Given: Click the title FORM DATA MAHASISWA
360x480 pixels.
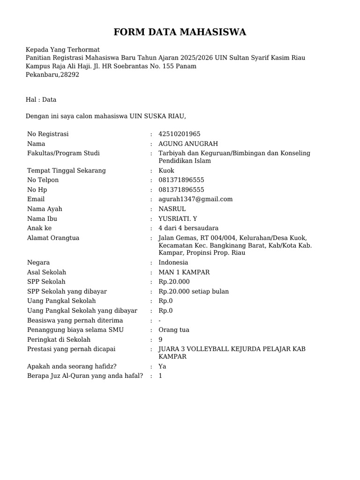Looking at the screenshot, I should (180, 32).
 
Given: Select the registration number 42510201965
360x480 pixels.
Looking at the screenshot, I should (180, 134).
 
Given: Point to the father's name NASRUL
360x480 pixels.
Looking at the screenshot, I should (172, 209).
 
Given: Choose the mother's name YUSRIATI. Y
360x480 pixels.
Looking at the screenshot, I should (178, 219).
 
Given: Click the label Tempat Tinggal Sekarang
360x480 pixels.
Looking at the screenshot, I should (67, 171).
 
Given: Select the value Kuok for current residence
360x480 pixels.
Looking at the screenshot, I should (166, 171).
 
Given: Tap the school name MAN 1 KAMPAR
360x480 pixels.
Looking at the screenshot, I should (184, 272).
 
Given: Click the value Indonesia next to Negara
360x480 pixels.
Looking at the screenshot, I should (173, 262).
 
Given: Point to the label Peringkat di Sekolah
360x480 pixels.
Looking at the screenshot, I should (59, 339).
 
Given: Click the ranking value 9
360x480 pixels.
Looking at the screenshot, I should (161, 339).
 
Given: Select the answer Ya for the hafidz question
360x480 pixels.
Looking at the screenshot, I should (163, 367).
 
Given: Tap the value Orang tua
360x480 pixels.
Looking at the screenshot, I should (174, 330).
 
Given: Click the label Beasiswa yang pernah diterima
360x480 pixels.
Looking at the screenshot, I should (75, 321).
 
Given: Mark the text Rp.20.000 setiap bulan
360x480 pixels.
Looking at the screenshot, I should (194, 292).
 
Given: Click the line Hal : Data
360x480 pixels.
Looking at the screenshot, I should (41, 99).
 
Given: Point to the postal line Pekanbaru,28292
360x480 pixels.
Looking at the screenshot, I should (52, 75).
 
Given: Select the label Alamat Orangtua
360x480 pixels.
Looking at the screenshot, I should (53, 238).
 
